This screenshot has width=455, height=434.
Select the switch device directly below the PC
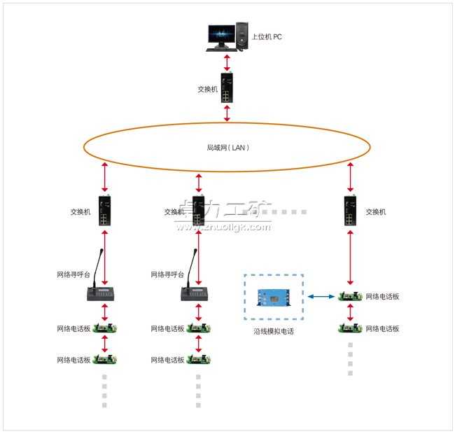[226, 88]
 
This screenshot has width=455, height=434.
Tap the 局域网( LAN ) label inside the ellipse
[227, 148]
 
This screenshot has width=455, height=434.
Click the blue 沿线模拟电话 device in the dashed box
[274, 297]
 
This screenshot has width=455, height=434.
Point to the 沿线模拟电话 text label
[274, 331]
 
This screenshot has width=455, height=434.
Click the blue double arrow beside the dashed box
[322, 297]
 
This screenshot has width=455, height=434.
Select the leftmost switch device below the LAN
[104, 211]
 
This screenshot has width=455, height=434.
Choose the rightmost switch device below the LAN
[350, 211]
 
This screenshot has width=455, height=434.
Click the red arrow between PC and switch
[226, 62]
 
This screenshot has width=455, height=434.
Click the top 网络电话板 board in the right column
[350, 297]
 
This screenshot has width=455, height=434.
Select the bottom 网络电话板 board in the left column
[105, 360]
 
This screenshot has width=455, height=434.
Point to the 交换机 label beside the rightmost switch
[376, 211]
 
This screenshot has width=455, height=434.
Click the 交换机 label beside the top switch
[207, 90]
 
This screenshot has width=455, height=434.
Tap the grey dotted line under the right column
[350, 360]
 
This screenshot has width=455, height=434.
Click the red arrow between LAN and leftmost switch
[104, 178]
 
